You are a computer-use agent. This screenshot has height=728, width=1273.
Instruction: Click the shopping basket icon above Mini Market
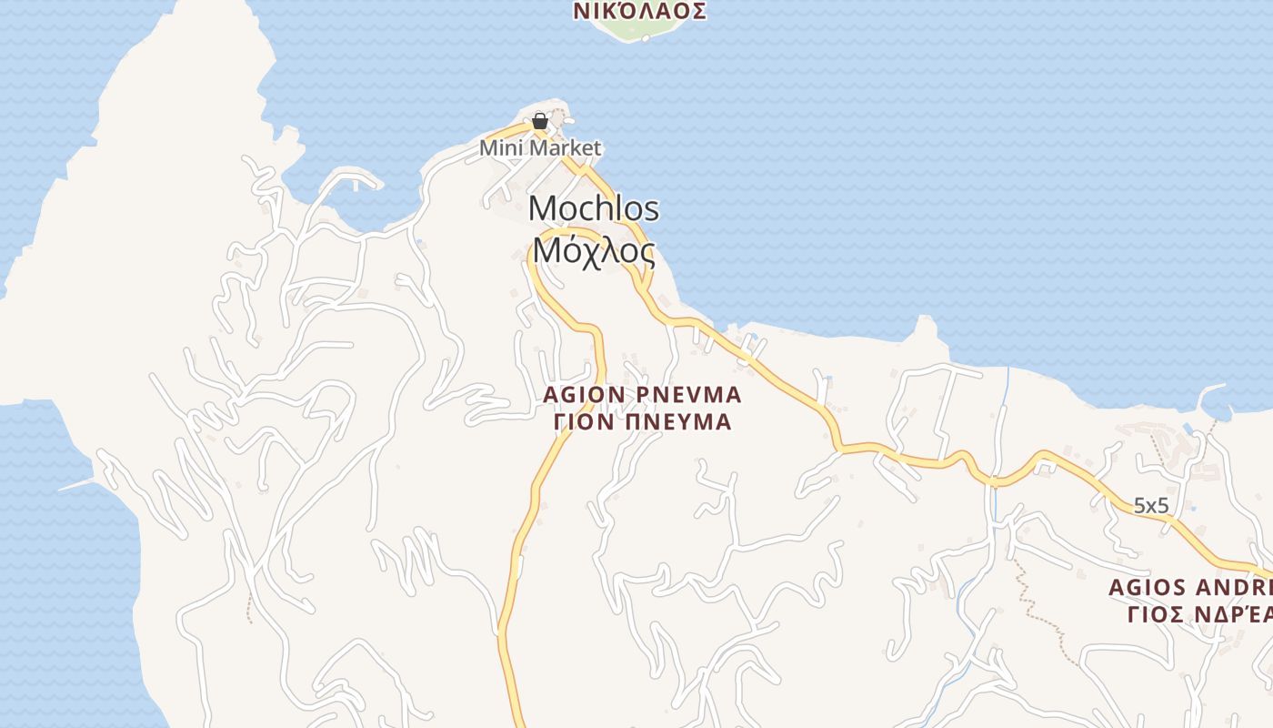[x=540, y=120]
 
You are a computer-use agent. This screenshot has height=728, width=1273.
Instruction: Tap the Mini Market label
[x=540, y=147]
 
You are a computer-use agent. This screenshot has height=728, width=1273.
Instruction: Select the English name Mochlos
[x=593, y=208]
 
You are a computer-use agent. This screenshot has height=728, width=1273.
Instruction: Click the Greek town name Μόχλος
[x=593, y=248]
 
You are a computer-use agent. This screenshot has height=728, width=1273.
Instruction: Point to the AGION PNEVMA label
[x=642, y=395]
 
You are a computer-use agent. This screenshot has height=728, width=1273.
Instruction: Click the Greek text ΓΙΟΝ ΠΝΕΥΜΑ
[x=642, y=421]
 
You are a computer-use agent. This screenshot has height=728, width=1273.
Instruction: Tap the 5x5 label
[x=1150, y=505]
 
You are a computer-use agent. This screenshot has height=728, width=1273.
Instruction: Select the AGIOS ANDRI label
[x=1189, y=588]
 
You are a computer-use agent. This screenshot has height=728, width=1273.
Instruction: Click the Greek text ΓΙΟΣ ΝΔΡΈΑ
[x=1198, y=614]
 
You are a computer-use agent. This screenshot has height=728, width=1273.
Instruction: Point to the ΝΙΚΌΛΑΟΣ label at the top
[x=640, y=11]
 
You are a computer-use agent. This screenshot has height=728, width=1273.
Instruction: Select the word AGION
[x=582, y=395]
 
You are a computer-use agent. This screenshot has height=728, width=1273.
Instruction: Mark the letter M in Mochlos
[x=543, y=208]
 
